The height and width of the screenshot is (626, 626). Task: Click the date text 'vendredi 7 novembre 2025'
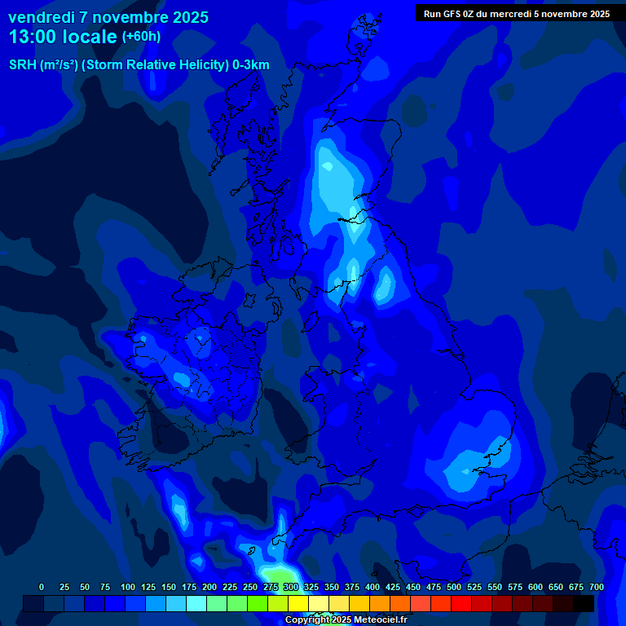pyautogui.click(x=108, y=17)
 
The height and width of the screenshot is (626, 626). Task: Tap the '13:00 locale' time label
pyautogui.click(x=63, y=36)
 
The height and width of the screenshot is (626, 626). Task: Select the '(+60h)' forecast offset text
pyautogui.click(x=141, y=36)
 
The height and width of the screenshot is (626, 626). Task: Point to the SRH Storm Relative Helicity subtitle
pyautogui.click(x=139, y=65)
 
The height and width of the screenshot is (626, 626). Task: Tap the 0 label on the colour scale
pyautogui.click(x=42, y=587)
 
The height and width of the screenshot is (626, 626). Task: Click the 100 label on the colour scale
pyautogui.click(x=127, y=587)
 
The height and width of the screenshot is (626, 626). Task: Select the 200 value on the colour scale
pyautogui.click(x=209, y=587)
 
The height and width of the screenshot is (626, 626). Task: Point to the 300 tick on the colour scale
pyautogui.click(x=291, y=587)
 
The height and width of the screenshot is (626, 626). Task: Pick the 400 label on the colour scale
pyautogui.click(x=373, y=587)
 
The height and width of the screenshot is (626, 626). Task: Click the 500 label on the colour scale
pyautogui.click(x=454, y=587)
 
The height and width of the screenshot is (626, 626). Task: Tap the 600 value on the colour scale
pyautogui.click(x=536, y=587)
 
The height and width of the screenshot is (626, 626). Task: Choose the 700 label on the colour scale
pyautogui.click(x=596, y=587)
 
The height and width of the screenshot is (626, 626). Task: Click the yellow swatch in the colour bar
pyautogui.click(x=298, y=603)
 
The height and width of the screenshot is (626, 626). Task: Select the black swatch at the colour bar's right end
pyautogui.click(x=584, y=603)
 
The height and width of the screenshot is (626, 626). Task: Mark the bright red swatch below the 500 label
pyautogui.click(x=461, y=603)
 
